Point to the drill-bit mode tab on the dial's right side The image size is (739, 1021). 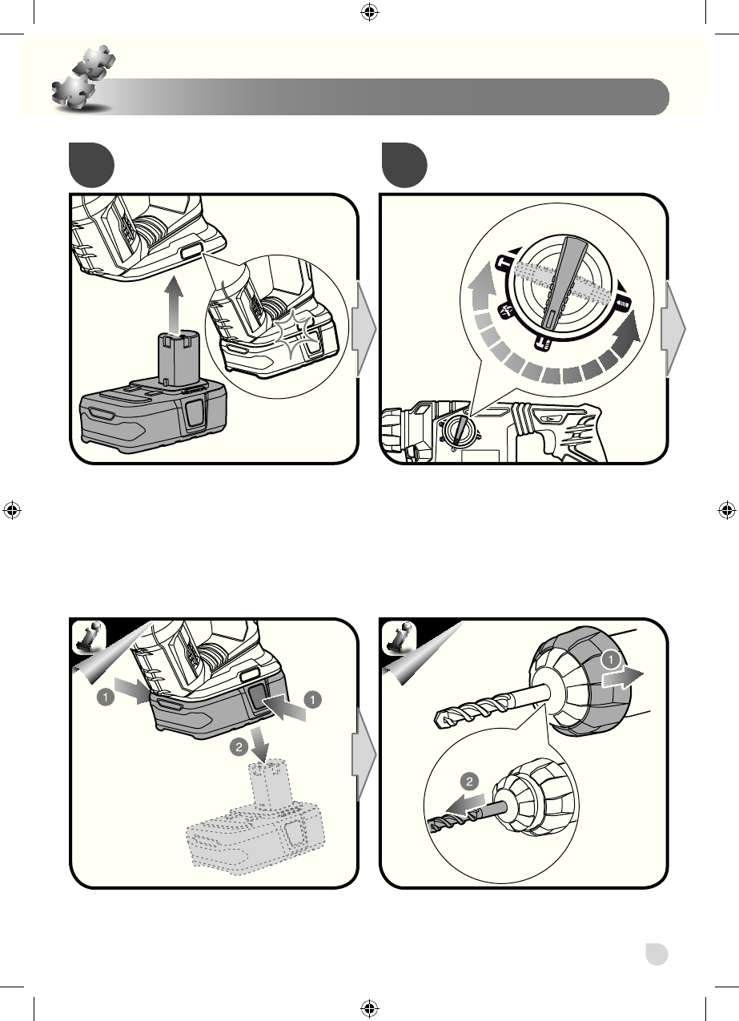(622, 303)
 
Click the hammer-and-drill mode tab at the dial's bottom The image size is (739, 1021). (542, 344)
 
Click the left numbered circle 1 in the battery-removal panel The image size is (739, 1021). (106, 697)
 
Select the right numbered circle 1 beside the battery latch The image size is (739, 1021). (312, 699)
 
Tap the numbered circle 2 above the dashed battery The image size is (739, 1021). (239, 747)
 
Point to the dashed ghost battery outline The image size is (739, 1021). (255, 818)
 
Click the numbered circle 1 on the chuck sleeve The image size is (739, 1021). (611, 659)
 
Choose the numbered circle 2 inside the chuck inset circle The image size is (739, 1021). (469, 782)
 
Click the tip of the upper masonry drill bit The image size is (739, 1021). (437, 721)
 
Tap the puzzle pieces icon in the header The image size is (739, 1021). (83, 78)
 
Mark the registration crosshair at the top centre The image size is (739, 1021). (370, 12)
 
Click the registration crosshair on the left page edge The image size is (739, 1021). (12, 510)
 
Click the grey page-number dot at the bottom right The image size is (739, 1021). (657, 954)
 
